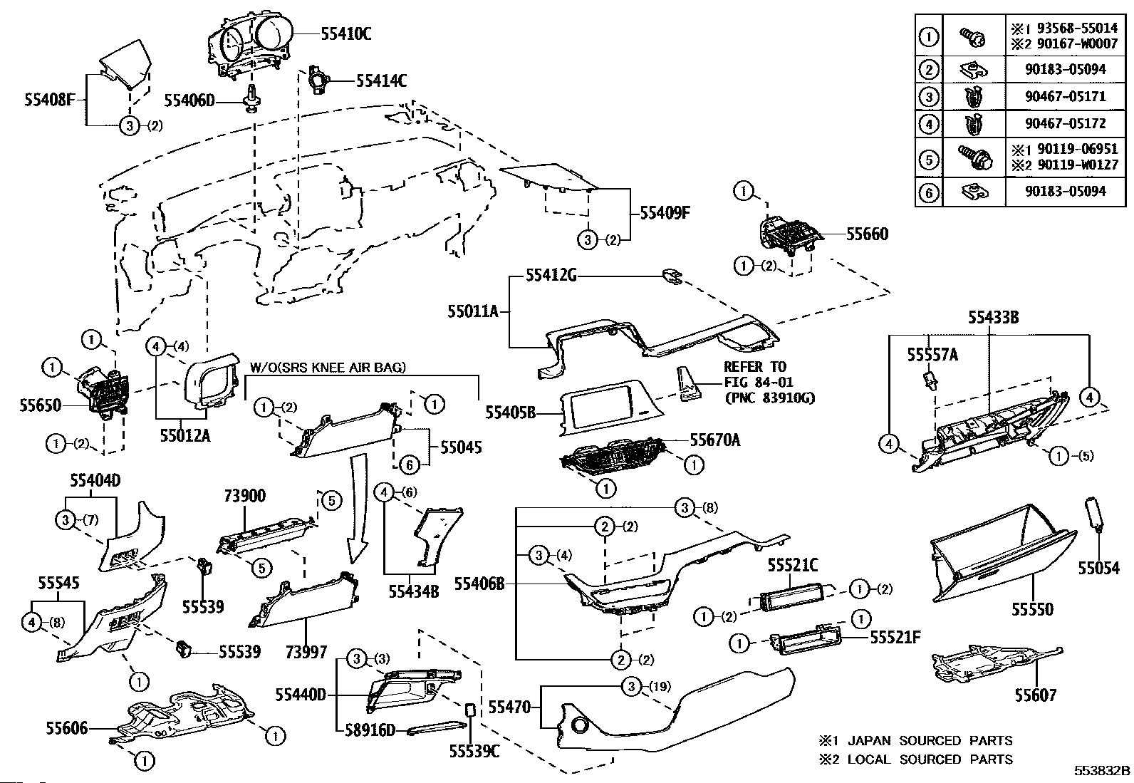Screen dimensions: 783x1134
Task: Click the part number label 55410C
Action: pyautogui.click(x=346, y=33)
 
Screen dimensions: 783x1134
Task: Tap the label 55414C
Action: pyautogui.click(x=382, y=81)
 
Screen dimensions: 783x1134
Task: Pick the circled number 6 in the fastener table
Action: pyautogui.click(x=928, y=192)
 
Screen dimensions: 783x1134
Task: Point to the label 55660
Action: pyautogui.click(x=867, y=234)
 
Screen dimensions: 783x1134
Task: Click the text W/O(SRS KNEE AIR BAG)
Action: pyautogui.click(x=328, y=368)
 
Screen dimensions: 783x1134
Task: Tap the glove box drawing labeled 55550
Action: pyautogui.click(x=1001, y=552)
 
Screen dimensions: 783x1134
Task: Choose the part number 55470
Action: pyautogui.click(x=509, y=707)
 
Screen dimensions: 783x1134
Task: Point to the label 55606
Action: pyautogui.click(x=68, y=727)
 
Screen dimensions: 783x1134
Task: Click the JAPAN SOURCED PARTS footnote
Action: pyautogui.click(x=915, y=741)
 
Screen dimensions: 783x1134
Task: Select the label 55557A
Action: pyautogui.click(x=932, y=354)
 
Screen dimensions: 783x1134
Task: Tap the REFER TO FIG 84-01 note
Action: pyautogui.click(x=759, y=382)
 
